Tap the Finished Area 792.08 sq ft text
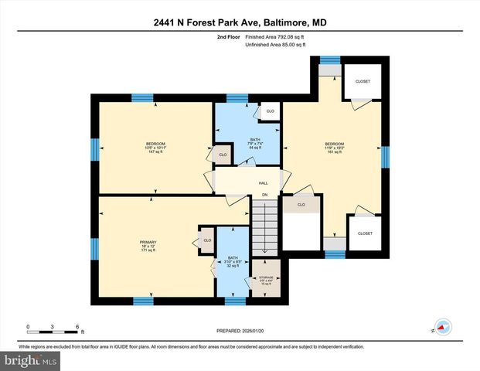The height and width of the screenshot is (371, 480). [x=275, y=36]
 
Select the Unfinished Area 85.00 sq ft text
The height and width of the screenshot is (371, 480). [x=275, y=45]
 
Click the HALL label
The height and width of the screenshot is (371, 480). [x=262, y=183]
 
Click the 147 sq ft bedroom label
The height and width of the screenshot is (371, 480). [x=156, y=148]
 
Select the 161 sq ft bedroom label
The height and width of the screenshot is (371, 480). [x=334, y=148]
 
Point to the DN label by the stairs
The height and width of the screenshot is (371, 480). [x=264, y=194]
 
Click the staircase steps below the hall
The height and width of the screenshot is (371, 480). [x=264, y=228]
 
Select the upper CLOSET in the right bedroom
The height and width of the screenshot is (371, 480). [x=362, y=82]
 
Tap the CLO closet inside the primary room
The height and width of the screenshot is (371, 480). [x=207, y=240]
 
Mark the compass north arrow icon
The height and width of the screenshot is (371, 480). [x=443, y=327]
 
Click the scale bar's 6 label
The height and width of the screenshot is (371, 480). [x=77, y=325]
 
